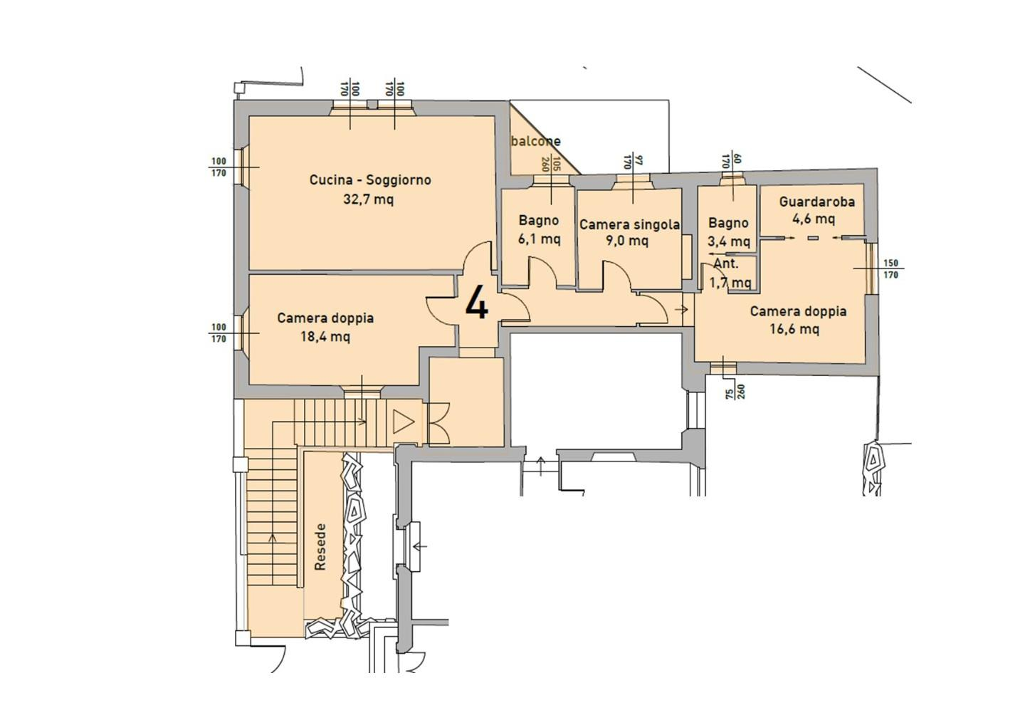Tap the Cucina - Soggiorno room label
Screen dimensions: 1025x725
[x=370, y=180]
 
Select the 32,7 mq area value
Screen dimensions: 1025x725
[x=369, y=199]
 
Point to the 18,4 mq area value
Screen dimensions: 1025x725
[x=325, y=337]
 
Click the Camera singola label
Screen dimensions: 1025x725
[x=630, y=225]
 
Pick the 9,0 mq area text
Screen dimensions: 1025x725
[x=627, y=240]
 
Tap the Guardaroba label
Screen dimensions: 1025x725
[x=817, y=202]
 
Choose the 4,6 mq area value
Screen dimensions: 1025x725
[x=814, y=219]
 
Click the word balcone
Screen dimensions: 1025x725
[x=536, y=141]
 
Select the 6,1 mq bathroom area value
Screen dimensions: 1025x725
[x=539, y=239]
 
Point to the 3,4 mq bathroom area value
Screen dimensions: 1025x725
[x=729, y=241]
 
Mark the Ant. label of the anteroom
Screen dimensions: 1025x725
[x=726, y=264]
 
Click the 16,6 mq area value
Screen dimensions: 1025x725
[x=794, y=328]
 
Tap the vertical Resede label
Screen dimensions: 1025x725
[x=320, y=547]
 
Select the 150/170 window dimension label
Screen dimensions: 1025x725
[x=890, y=269]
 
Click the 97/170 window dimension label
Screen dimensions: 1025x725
[x=634, y=162]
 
